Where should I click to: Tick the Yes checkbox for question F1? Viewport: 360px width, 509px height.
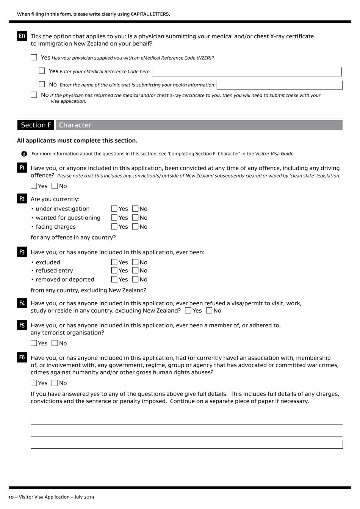pyautogui.click(x=34, y=186)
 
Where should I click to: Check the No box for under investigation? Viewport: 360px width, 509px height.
pyautogui.click(x=136, y=209)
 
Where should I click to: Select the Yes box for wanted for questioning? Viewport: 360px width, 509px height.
pyautogui.click(x=114, y=218)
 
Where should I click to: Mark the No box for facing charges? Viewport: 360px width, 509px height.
pyautogui.click(x=136, y=227)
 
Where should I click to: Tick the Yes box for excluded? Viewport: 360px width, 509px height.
pyautogui.click(x=114, y=262)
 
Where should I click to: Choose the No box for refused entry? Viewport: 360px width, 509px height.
pyautogui.click(x=136, y=270)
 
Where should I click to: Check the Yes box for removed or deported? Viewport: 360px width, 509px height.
pyautogui.click(x=114, y=280)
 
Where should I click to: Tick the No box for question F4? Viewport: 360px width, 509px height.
pyautogui.click(x=210, y=311)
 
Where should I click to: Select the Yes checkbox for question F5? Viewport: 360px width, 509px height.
pyautogui.click(x=34, y=343)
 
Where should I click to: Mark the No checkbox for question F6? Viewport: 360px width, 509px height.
pyautogui.click(x=55, y=383)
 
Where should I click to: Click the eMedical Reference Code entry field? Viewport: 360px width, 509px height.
pyautogui.click(x=247, y=71)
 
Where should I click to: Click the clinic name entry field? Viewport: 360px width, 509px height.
pyautogui.click(x=280, y=85)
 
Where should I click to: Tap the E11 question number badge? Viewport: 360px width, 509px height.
pyautogui.click(x=22, y=36)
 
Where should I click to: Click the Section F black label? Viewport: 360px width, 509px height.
pyautogui.click(x=36, y=125)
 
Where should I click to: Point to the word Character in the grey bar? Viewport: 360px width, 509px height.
pyautogui.click(x=75, y=125)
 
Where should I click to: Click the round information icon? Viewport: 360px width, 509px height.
pyautogui.click(x=24, y=154)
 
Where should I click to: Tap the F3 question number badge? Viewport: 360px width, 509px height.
pyautogui.click(x=22, y=252)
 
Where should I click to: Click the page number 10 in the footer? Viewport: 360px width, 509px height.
pyautogui.click(x=11, y=497)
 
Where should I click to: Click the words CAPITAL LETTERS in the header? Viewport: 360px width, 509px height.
pyautogui.click(x=150, y=14)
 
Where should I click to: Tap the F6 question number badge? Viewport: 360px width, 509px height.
pyautogui.click(x=22, y=357)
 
